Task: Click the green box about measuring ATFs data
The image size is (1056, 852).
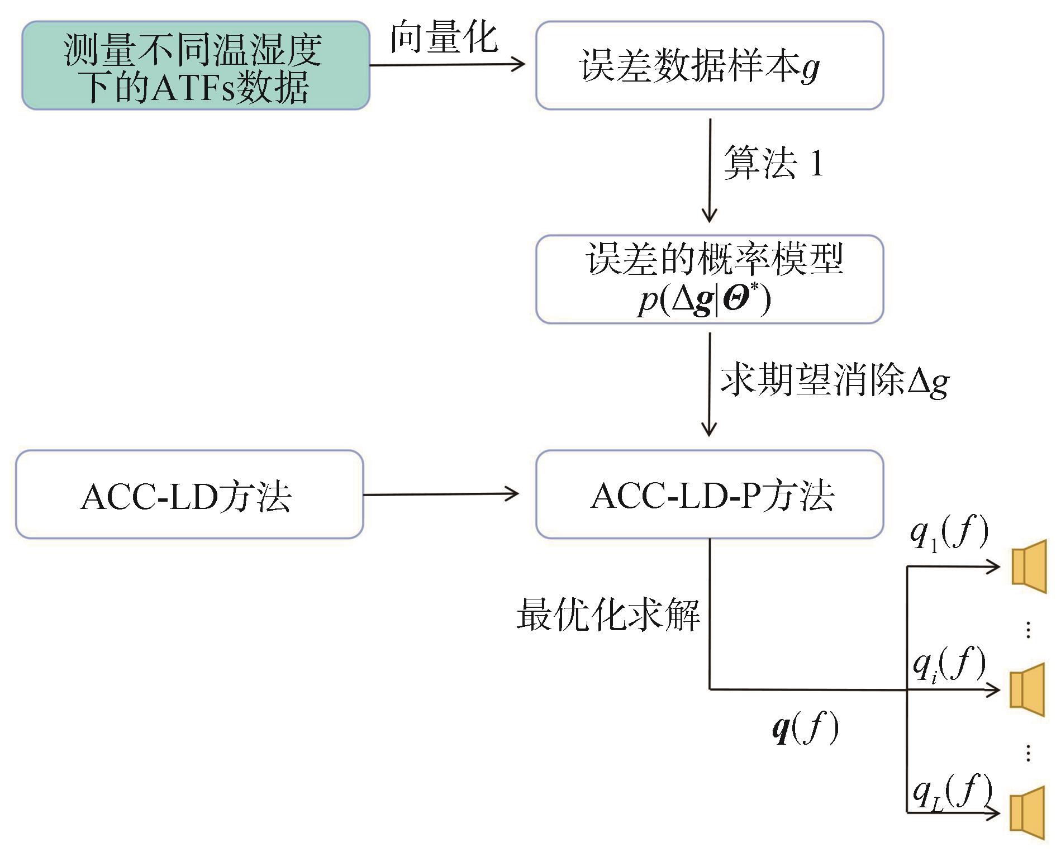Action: [196, 65]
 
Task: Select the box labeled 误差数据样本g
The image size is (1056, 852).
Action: [709, 65]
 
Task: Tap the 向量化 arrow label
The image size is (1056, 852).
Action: [444, 37]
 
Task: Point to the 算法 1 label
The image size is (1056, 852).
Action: [773, 164]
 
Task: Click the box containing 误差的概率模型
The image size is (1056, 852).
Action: [709, 279]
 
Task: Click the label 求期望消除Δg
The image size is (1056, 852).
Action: [834, 382]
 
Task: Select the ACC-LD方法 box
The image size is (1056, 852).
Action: [189, 494]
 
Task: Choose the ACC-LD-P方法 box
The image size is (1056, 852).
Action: [709, 494]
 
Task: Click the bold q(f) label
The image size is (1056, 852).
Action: [805, 728]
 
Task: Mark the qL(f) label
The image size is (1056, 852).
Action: [951, 792]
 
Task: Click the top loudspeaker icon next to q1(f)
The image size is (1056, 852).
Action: [1028, 566]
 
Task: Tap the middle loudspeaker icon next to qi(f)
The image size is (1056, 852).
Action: [1027, 689]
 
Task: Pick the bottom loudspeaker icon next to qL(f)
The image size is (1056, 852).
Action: [1027, 812]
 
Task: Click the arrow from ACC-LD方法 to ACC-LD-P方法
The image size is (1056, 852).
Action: [441, 494]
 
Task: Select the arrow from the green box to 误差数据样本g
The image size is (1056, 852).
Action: [447, 65]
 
